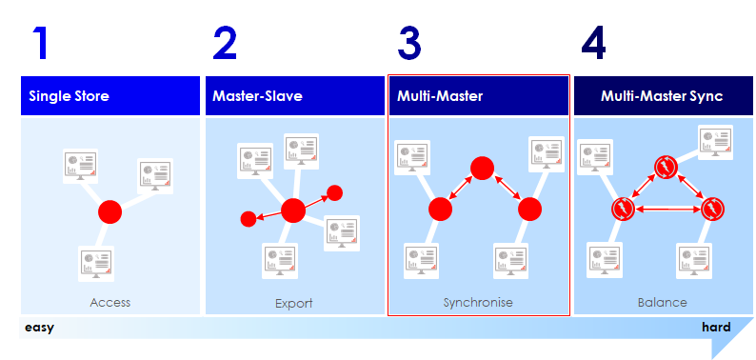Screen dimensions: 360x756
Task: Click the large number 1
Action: pos(39,44)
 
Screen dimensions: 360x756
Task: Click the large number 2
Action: pos(225,44)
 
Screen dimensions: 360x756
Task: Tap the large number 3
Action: pos(409,44)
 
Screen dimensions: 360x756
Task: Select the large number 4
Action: pos(593,44)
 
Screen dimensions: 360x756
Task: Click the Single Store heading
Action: pos(69,96)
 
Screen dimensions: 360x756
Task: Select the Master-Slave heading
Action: pos(257,96)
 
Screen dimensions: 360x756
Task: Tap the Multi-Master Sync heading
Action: pos(662,96)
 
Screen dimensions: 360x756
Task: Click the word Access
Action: pos(109,303)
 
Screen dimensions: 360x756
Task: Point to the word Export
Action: pos(293,303)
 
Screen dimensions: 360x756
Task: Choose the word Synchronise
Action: pos(478,303)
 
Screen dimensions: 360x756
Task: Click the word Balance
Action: pos(662,303)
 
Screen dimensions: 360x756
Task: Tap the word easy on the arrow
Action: pos(39,328)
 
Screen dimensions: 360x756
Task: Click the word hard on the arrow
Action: pos(716,328)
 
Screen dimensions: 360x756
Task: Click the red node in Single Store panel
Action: pos(110,211)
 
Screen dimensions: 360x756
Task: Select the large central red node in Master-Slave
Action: pos(293,210)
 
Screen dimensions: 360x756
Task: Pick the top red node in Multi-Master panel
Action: pos(483,169)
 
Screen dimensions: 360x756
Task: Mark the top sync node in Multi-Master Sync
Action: pos(665,169)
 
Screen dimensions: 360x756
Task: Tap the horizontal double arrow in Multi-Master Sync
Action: pos(667,209)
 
